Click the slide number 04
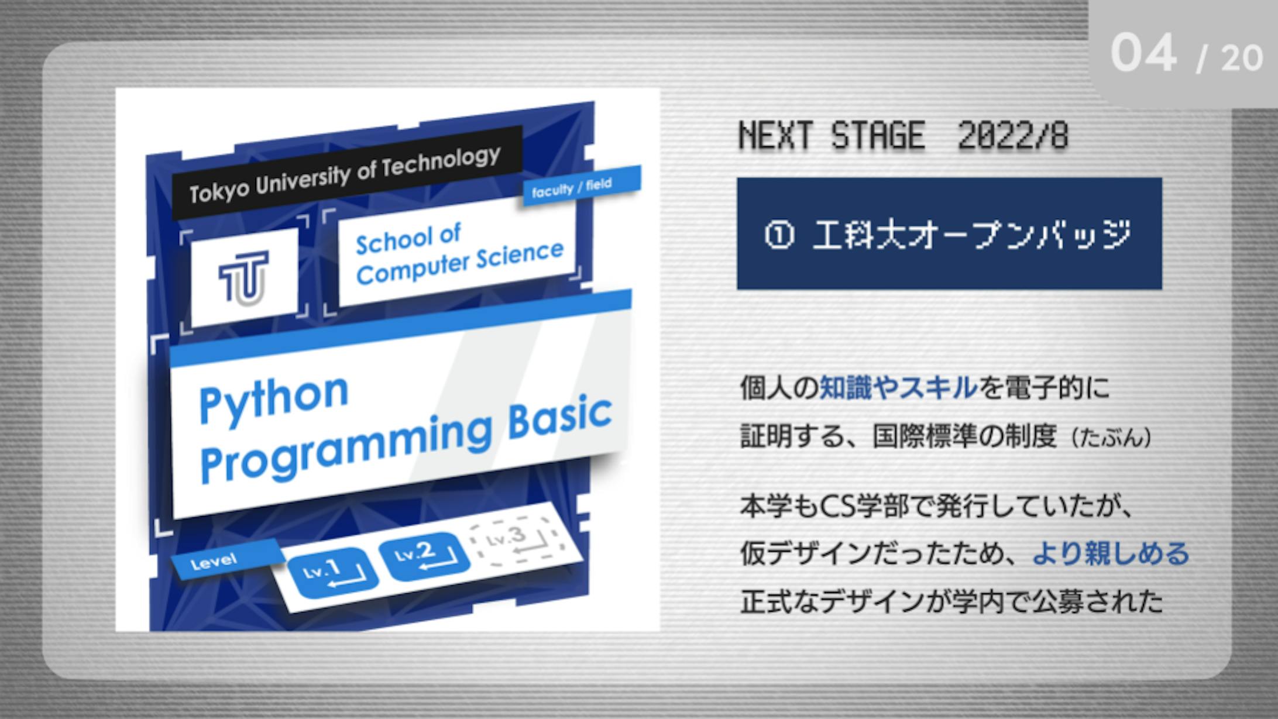pyautogui.click(x=1143, y=53)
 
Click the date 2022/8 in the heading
pyautogui.click(x=1013, y=136)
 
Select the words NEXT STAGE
pyautogui.click(x=832, y=136)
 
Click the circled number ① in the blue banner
pyautogui.click(x=779, y=236)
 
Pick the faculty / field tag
pyautogui.click(x=581, y=185)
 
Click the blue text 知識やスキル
pyautogui.click(x=898, y=388)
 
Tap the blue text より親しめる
pyautogui.click(x=1111, y=553)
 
